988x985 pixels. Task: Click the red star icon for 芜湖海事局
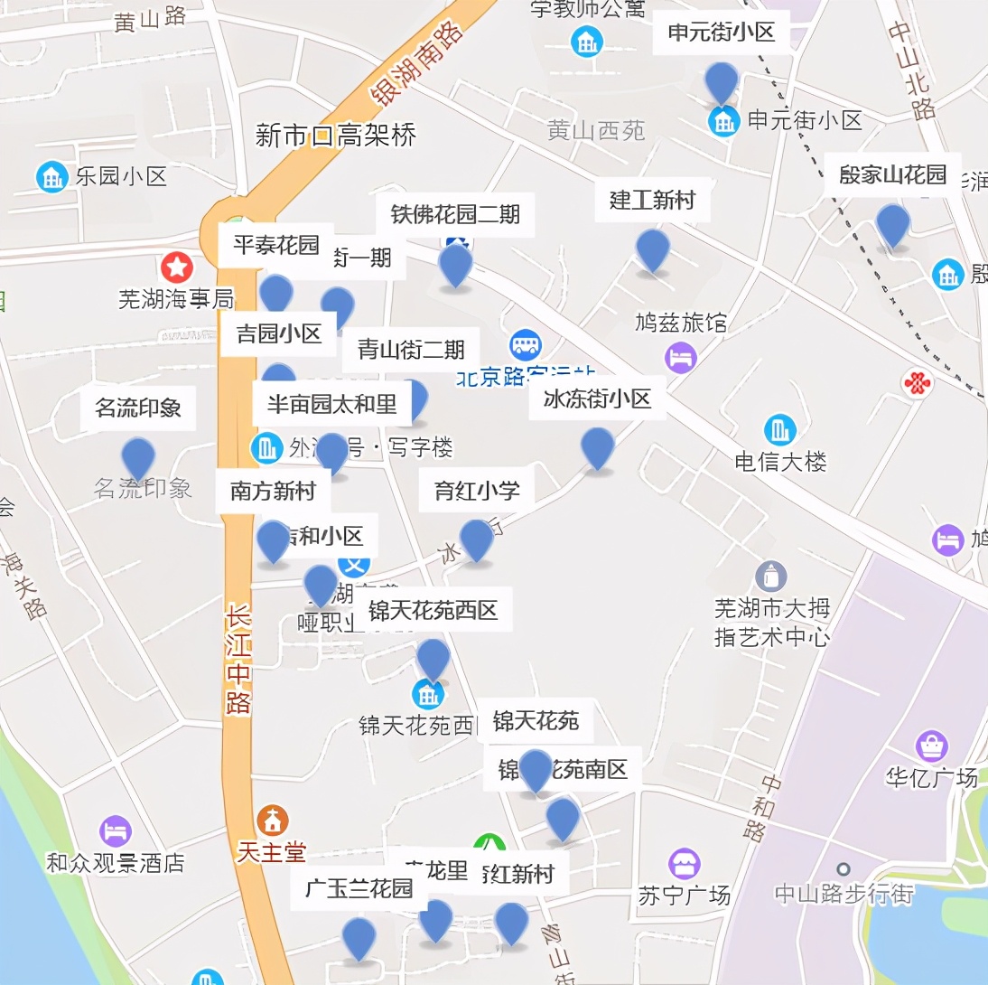click(x=177, y=267)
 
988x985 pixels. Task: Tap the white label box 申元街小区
click(x=721, y=33)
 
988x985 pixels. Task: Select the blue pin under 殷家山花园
click(x=892, y=225)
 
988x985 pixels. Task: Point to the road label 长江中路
click(x=238, y=660)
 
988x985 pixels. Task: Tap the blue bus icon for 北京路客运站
click(x=525, y=343)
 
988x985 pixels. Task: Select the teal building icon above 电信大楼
click(x=778, y=430)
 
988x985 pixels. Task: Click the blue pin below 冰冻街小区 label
click(x=597, y=448)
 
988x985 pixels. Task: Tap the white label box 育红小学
click(x=477, y=491)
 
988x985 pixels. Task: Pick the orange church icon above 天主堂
click(x=271, y=820)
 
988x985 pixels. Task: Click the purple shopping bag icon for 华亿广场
click(x=931, y=746)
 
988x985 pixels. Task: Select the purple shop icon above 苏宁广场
click(x=684, y=864)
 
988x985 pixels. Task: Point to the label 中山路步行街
click(x=844, y=894)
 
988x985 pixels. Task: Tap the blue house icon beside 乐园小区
click(x=51, y=176)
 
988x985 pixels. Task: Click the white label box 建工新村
click(x=652, y=200)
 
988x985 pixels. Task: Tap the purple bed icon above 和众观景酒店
click(x=115, y=831)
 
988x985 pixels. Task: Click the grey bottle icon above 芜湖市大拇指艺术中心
click(x=770, y=576)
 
